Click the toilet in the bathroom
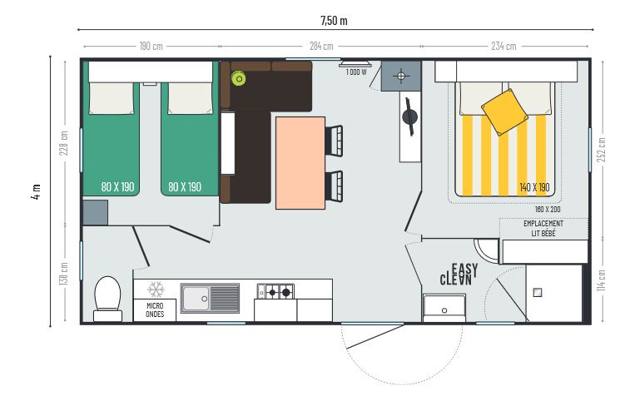point(107,298)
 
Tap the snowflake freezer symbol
point(156,290)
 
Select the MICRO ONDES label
point(155,309)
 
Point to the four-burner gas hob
point(275,291)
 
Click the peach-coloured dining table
point(300,162)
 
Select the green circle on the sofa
point(239,79)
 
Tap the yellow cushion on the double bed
point(505,111)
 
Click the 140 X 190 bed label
point(534,186)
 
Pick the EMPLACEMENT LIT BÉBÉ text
point(543,228)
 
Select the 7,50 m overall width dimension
point(334,20)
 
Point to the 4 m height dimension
point(36,192)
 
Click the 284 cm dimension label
point(320,46)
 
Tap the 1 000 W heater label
point(357,72)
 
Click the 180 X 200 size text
point(548,209)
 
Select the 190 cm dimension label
point(151,46)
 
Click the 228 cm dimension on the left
point(64,142)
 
